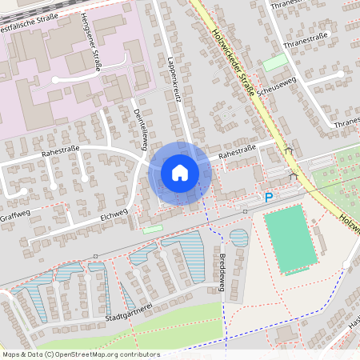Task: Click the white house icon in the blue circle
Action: (179, 173)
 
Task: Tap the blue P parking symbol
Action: (269, 198)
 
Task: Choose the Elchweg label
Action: (114, 214)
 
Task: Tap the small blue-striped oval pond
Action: (238, 237)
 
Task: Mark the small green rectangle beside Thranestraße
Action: (274, 62)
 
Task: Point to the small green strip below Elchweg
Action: (152, 230)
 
